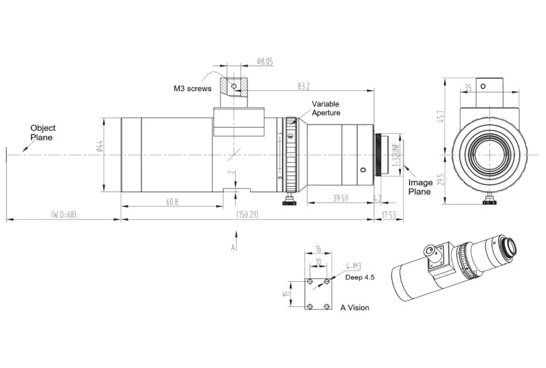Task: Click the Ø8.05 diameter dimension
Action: click(x=265, y=62)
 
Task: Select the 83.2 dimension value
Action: click(x=304, y=86)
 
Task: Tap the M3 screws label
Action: click(x=193, y=88)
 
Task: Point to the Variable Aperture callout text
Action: click(x=326, y=108)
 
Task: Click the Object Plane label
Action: click(x=43, y=133)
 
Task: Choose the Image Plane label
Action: click(x=420, y=187)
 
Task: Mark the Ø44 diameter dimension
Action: click(x=99, y=146)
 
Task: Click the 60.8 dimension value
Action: click(x=172, y=201)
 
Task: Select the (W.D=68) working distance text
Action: click(x=63, y=214)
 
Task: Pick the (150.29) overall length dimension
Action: click(x=247, y=214)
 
